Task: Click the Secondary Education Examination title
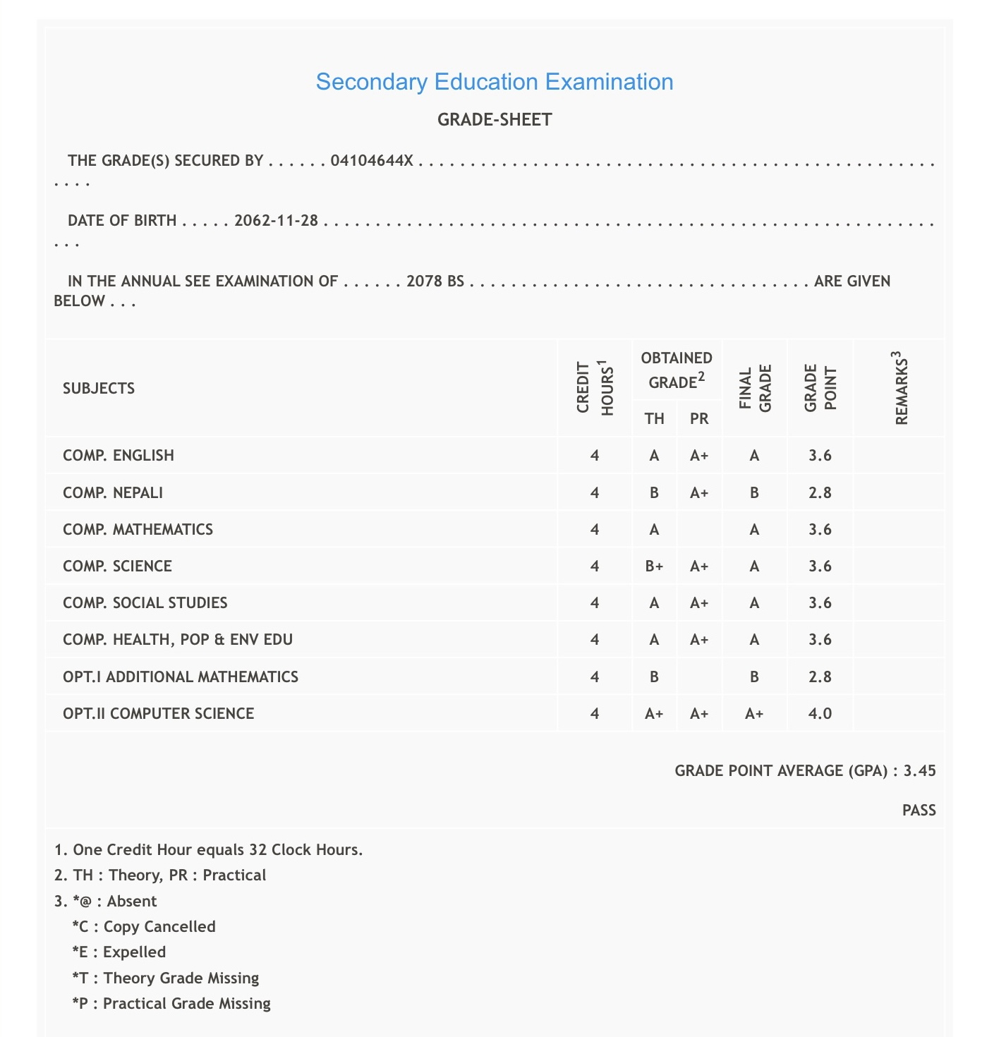(x=494, y=82)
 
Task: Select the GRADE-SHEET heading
(x=495, y=120)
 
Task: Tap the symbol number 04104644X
(x=372, y=161)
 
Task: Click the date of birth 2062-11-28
(x=277, y=221)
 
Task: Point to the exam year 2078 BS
(x=435, y=281)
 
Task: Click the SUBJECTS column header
(x=99, y=389)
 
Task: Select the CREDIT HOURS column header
(x=595, y=388)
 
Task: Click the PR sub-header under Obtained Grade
(x=699, y=419)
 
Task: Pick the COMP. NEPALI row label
(x=113, y=493)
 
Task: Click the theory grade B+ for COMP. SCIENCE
(x=654, y=566)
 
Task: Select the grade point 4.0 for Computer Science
(x=820, y=714)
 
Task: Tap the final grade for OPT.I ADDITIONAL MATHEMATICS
(x=754, y=677)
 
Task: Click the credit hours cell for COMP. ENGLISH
(x=595, y=456)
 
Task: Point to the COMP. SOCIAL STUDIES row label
(x=145, y=603)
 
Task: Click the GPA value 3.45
(x=920, y=771)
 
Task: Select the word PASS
(x=919, y=811)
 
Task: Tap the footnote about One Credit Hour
(x=209, y=850)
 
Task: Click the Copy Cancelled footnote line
(x=144, y=927)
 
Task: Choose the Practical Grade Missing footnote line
(x=171, y=1004)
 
